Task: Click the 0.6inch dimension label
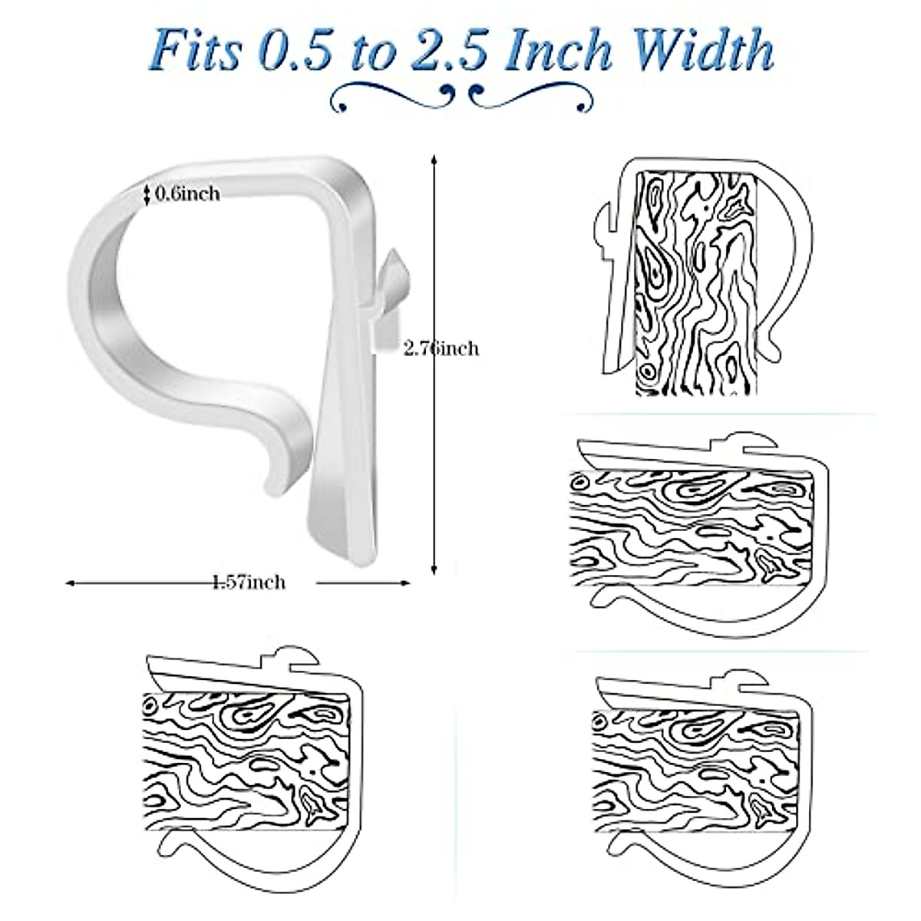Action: pos(188,193)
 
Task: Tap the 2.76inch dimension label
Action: pos(441,348)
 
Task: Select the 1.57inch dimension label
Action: pos(249,583)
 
